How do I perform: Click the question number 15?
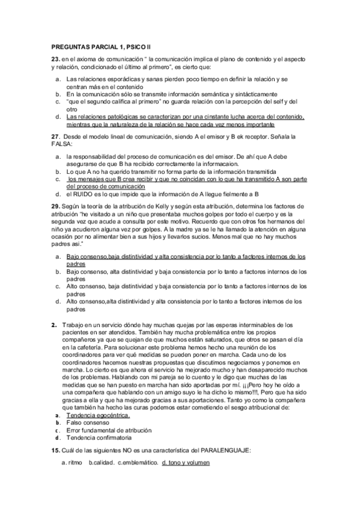(55, 450)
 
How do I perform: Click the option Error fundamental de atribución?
(109, 431)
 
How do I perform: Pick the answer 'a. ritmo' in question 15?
(72, 462)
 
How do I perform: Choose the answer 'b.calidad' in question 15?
(101, 462)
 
